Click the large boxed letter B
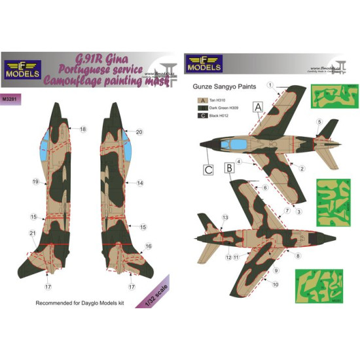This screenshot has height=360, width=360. [228, 168]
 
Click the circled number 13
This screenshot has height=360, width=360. [225, 217]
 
